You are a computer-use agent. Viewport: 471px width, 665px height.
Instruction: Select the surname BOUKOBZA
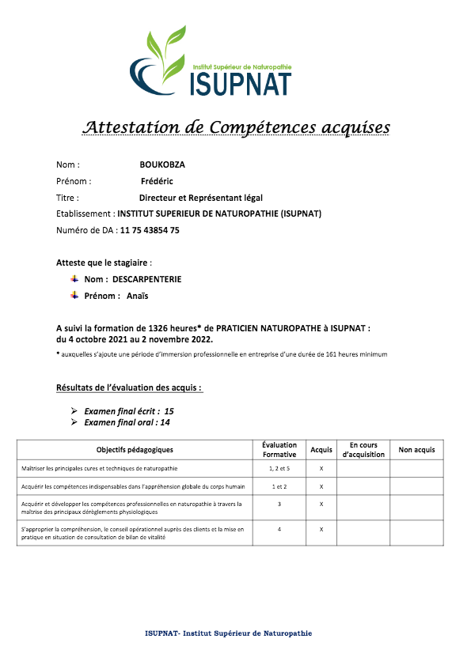[x=162, y=165]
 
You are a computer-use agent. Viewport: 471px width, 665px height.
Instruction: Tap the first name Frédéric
[x=156, y=181]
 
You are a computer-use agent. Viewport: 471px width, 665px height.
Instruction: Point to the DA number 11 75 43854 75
[x=150, y=230]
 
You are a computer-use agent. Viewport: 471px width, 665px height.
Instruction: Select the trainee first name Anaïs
[x=137, y=297]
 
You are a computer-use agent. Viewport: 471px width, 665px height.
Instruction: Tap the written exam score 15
[x=169, y=411]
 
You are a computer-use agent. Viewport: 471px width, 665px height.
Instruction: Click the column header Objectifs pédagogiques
[x=135, y=450]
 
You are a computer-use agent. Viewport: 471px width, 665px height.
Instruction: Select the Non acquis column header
[x=416, y=450]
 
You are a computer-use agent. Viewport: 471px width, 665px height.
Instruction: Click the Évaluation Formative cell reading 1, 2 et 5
[x=279, y=469]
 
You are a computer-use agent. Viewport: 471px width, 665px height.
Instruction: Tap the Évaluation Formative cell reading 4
[x=279, y=529]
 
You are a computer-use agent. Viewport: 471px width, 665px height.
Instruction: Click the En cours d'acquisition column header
[x=363, y=450]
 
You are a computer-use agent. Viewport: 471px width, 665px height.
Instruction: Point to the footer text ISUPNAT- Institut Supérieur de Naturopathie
[x=229, y=634]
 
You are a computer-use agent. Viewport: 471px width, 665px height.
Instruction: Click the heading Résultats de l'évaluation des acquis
[x=129, y=388]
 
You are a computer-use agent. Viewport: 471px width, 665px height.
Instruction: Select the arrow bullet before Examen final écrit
[x=74, y=411]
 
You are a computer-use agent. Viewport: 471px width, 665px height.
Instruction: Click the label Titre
[x=67, y=198]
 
